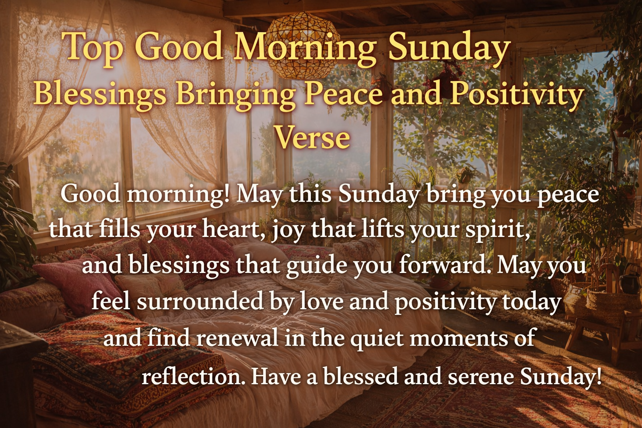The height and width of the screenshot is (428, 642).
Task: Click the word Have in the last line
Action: [x=276, y=377]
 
